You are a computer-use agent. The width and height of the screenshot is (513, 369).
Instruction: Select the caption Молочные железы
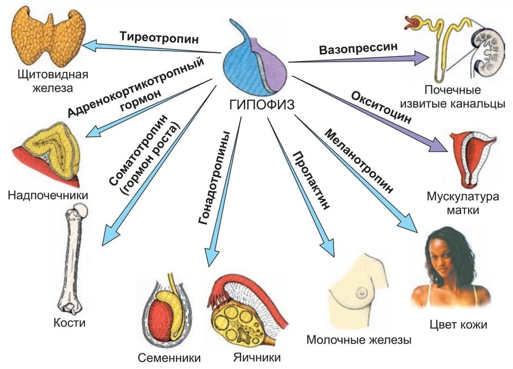(x=359, y=340)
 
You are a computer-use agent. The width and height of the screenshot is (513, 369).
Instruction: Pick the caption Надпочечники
(x=48, y=196)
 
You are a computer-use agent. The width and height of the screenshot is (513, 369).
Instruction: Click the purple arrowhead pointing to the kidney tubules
(x=422, y=56)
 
